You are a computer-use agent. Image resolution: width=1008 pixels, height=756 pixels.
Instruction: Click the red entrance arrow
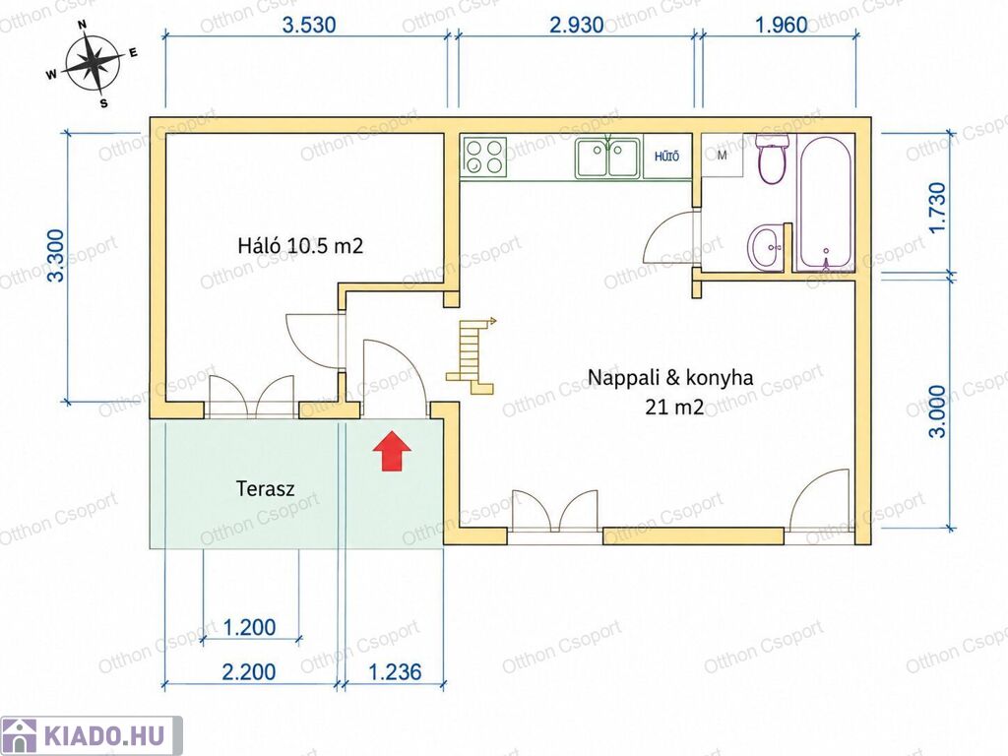pyautogui.click(x=392, y=451)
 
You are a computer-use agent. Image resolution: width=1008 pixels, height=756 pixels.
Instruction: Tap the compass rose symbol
pyautogui.click(x=94, y=64)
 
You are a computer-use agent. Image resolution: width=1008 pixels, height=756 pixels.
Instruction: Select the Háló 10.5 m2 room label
pyautogui.click(x=300, y=245)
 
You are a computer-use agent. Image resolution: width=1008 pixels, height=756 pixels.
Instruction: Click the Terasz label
pyautogui.click(x=265, y=488)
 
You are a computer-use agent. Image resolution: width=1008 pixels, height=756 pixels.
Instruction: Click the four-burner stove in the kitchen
pyautogui.click(x=484, y=157)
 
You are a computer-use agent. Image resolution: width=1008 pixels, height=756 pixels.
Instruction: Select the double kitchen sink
pyautogui.click(x=607, y=157)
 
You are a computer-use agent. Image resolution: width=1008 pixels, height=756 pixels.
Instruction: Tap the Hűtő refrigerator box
pyautogui.click(x=666, y=157)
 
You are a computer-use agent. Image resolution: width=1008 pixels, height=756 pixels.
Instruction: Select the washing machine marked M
pyautogui.click(x=722, y=156)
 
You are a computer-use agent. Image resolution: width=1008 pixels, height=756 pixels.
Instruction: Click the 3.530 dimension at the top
pyautogui.click(x=309, y=25)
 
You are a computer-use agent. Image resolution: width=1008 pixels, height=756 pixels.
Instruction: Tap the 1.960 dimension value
pyautogui.click(x=781, y=25)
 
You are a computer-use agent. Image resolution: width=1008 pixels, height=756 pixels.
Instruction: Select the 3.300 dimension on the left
pyautogui.click(x=56, y=255)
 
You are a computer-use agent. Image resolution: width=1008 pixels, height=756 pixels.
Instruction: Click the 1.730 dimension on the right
pyautogui.click(x=938, y=208)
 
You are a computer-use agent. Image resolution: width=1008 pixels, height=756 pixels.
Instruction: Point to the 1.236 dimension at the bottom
pyautogui.click(x=395, y=672)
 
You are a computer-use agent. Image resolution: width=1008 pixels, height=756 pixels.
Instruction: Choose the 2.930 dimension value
pyautogui.click(x=577, y=25)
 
